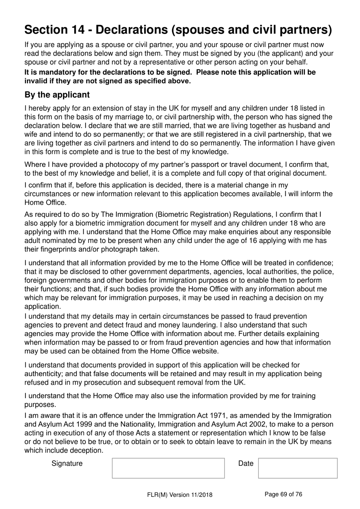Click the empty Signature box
(x=168, y=468)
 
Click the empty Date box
(x=297, y=468)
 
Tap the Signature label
(x=67, y=463)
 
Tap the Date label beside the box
(x=246, y=463)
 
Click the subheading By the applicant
(x=57, y=95)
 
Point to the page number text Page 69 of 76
(x=283, y=494)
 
